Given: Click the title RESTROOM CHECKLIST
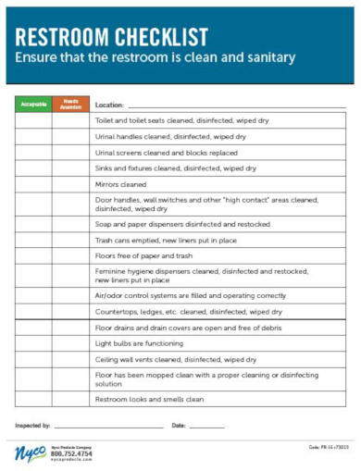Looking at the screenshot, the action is pyautogui.click(x=110, y=37).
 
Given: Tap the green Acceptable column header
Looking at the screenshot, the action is pyautogui.click(x=33, y=104).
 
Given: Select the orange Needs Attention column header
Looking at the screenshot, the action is pyautogui.click(x=71, y=104).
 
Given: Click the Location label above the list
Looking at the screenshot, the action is pyautogui.click(x=110, y=105).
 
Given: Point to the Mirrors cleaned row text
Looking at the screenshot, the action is pyautogui.click(x=120, y=184).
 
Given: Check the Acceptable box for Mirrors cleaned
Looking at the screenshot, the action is pyautogui.click(x=33, y=184).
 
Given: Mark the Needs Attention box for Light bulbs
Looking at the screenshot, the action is pyautogui.click(x=71, y=343).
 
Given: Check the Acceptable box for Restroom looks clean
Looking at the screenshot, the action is pyautogui.click(x=33, y=399).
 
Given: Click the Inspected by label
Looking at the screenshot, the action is pyautogui.click(x=33, y=425).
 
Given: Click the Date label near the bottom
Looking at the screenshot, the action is pyautogui.click(x=179, y=425).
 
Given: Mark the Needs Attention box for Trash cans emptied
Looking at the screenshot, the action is pyautogui.click(x=71, y=240).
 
